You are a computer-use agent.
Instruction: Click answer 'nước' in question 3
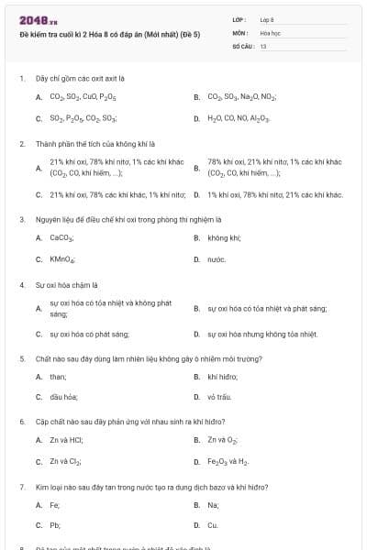coord(217,259)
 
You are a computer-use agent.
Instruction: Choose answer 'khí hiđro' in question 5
coord(223,376)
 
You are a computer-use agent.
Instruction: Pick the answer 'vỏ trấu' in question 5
coord(219,397)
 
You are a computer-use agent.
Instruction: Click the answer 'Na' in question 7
coord(213,504)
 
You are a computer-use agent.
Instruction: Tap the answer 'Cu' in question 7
coord(213,525)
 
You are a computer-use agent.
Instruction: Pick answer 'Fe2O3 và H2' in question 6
coord(228,461)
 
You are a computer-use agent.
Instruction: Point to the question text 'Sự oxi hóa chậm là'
coord(67,284)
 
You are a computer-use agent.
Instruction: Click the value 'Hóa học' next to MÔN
coord(270,32)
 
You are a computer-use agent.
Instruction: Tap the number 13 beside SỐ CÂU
coord(263,45)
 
